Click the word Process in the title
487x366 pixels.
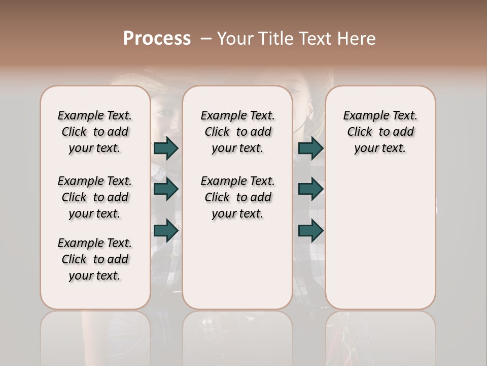[x=157, y=39]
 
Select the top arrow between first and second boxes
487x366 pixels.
[x=166, y=148]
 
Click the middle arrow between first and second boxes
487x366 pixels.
[x=166, y=189]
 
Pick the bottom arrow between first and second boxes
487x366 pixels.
[x=166, y=231]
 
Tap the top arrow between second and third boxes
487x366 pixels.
[x=310, y=148]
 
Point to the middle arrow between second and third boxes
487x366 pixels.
[x=310, y=189]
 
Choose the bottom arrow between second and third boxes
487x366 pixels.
[x=310, y=231]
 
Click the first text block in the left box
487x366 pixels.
[x=95, y=132]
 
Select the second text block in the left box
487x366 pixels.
[x=95, y=197]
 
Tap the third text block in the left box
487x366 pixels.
[x=95, y=259]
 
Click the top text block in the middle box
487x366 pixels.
[x=237, y=132]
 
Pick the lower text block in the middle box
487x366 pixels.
[x=237, y=197]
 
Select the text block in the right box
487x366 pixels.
[x=380, y=132]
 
